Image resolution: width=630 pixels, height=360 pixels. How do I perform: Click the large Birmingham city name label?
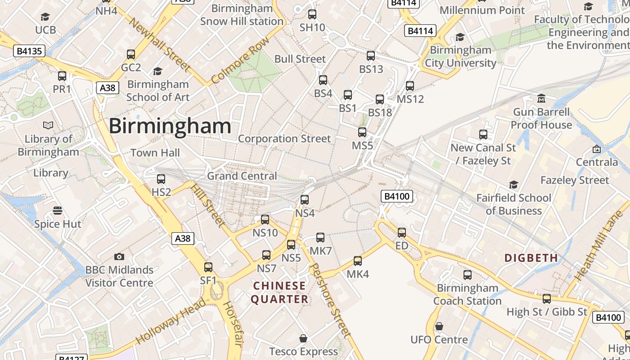170,126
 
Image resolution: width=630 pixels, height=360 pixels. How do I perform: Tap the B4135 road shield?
29,51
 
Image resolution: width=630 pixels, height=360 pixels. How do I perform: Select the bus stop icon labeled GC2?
131,54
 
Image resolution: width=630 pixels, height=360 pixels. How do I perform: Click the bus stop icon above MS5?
362,132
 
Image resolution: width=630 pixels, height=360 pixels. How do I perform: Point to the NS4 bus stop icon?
305,200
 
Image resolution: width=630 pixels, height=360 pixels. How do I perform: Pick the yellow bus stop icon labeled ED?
402,233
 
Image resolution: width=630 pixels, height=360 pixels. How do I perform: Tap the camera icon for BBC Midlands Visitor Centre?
119,256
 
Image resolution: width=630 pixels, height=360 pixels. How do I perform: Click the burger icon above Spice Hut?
58,211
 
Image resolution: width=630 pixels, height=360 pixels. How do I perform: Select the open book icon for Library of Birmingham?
48,126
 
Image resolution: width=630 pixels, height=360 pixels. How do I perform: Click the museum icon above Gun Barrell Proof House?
541,99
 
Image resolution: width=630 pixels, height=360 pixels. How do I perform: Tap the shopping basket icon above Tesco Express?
303,338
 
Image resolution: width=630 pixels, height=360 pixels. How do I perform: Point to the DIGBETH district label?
531,258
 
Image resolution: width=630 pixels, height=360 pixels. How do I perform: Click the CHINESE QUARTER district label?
279,292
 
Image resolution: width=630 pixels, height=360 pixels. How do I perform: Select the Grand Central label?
242,176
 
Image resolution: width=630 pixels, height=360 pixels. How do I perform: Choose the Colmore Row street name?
240,60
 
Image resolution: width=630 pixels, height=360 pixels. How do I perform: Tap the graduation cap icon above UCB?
45,17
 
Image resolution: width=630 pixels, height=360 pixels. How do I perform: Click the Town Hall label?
155,153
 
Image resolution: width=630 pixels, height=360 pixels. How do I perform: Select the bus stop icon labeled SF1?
208,267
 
